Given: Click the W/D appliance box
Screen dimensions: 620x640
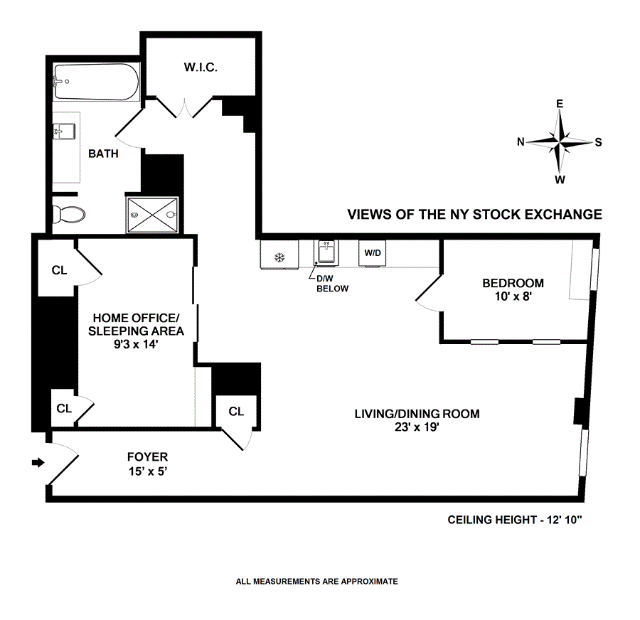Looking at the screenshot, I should click(372, 253).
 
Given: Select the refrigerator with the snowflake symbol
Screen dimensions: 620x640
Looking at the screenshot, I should click(279, 256).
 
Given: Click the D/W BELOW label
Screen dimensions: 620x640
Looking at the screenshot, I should click(333, 284).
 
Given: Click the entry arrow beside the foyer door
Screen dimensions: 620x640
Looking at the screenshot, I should click(38, 463).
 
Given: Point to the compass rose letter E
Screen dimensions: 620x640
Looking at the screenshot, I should click(560, 104).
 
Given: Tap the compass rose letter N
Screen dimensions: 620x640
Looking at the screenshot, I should click(521, 141).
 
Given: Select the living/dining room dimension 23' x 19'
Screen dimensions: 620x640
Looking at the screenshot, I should click(417, 427).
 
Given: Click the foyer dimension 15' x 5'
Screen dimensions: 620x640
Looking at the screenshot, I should click(147, 471).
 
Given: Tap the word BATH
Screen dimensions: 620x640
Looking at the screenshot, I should click(103, 153).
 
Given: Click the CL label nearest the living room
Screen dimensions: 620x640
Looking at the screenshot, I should click(236, 411).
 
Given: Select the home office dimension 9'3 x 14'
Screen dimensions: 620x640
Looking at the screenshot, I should click(134, 344).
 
